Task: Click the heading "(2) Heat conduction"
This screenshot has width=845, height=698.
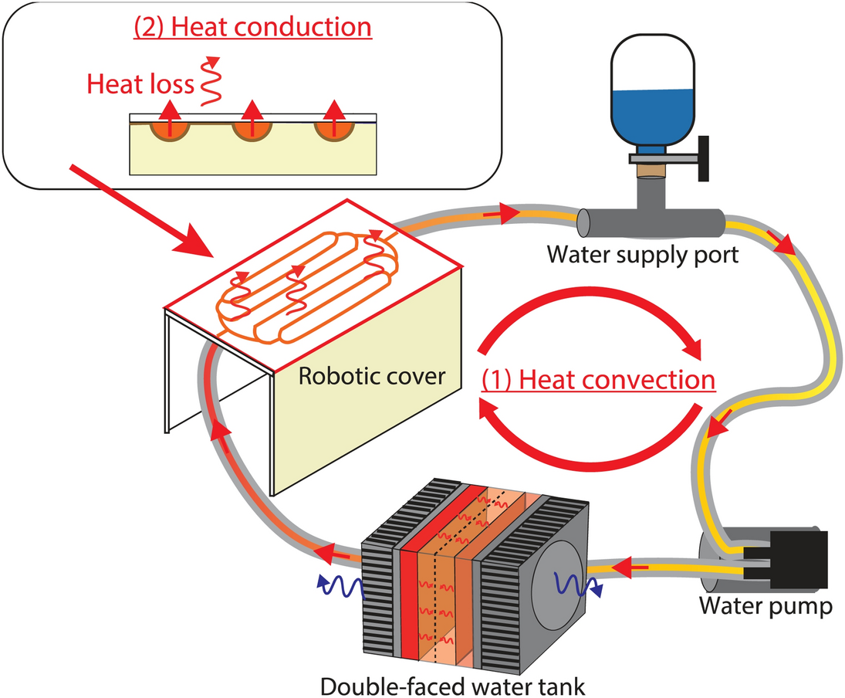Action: point(253,27)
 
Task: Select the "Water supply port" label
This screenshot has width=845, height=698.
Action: point(644,254)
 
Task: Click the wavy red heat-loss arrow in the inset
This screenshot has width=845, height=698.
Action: point(208,81)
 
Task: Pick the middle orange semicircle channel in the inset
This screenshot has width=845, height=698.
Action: point(252,128)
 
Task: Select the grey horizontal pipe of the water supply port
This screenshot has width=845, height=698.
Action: point(648,222)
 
